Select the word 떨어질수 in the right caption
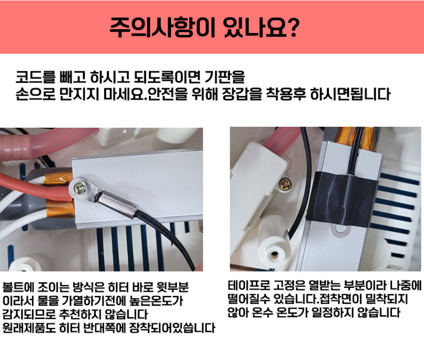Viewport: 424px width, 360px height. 247,299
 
